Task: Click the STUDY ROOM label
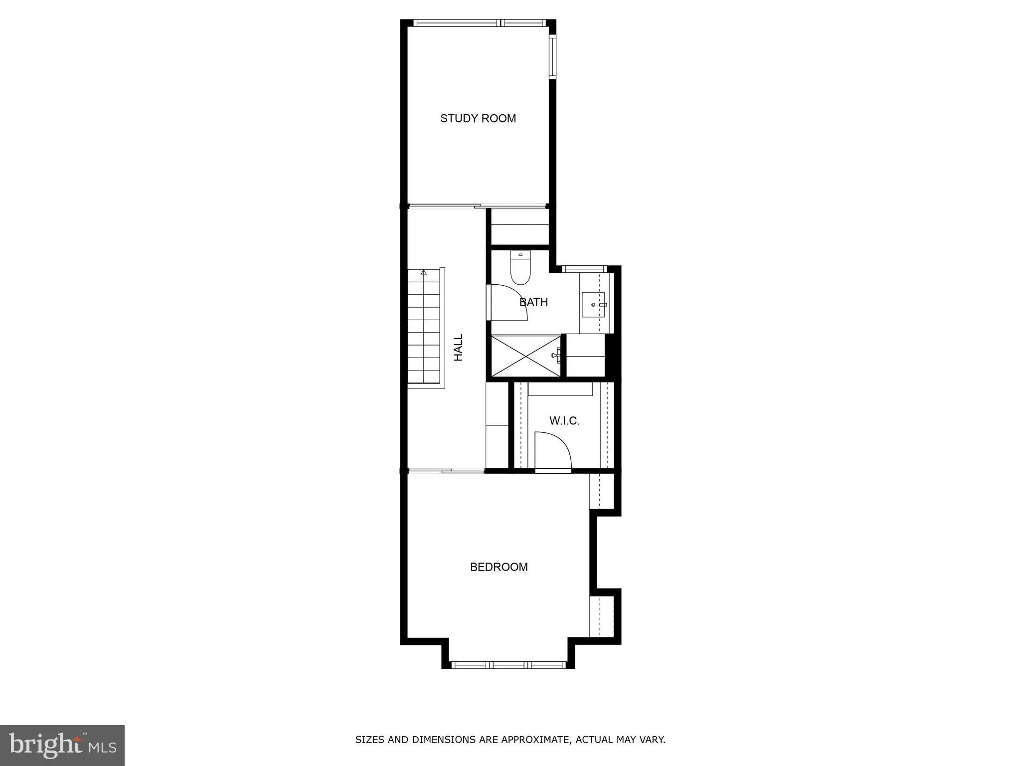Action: (478, 118)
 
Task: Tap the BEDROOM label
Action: (499, 567)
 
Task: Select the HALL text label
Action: (458, 348)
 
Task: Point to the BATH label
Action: (533, 302)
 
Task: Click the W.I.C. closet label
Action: (564, 421)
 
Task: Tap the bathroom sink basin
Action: (593, 304)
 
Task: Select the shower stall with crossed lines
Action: (526, 356)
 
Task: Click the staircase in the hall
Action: (424, 329)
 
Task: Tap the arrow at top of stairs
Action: (424, 272)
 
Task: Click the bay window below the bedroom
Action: (508, 664)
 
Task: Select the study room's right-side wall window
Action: (552, 57)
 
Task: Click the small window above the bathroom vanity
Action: (584, 269)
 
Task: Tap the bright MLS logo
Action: (62, 745)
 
